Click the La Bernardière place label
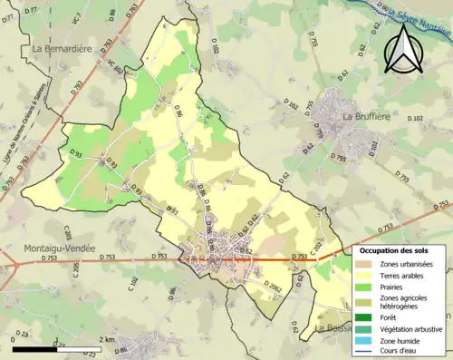[64, 48]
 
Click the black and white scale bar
[57, 346]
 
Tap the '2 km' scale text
[108, 339]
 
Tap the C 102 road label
[132, 285]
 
